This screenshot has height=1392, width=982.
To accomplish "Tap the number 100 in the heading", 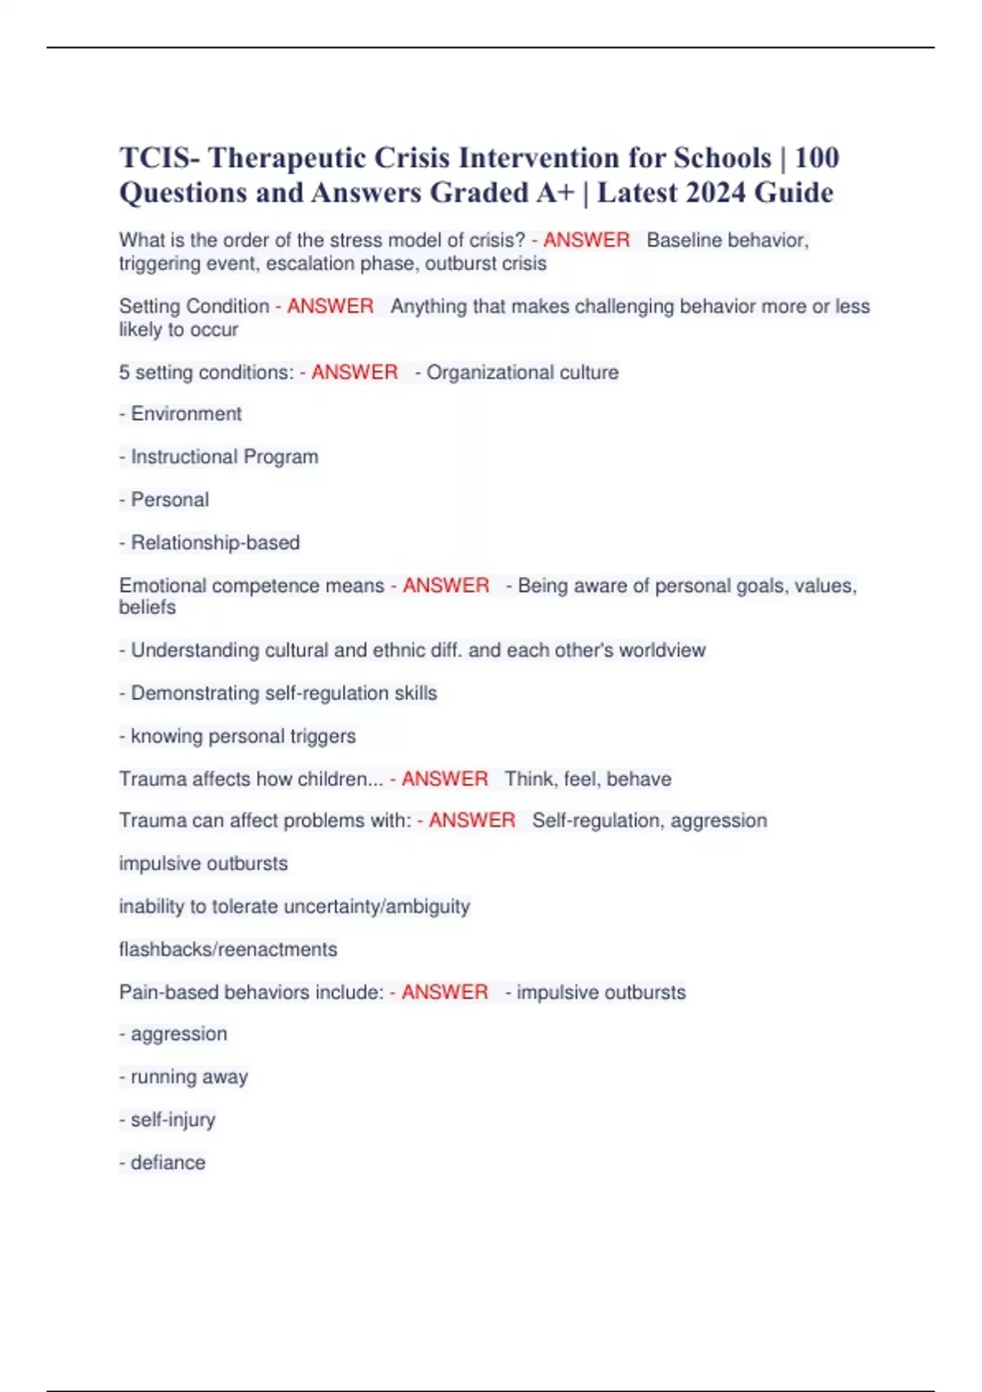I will pos(817,157).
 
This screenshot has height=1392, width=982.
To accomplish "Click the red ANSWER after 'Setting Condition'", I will pos(330,306).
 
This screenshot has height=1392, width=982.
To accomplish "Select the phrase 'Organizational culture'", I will pos(522,373).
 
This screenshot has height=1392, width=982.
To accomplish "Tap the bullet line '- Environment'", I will pos(181,414).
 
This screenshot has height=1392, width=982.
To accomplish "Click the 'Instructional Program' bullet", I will pos(219,457).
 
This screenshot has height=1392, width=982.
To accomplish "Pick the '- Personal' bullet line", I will pos(164,499).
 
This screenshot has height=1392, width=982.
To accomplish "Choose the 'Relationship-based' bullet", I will pos(210,542).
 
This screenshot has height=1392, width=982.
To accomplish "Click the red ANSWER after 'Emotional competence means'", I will pos(445,585).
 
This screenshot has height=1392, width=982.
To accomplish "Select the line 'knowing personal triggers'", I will pos(238,736).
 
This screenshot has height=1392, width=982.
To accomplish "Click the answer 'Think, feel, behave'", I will pos(588,779).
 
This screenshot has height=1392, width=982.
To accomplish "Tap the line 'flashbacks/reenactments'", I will pos(228,949).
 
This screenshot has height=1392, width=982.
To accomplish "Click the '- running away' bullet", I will pos(184,1077).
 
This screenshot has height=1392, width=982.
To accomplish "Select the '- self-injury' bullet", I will pos(168,1119).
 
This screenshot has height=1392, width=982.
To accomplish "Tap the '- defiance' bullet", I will pos(163,1163).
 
